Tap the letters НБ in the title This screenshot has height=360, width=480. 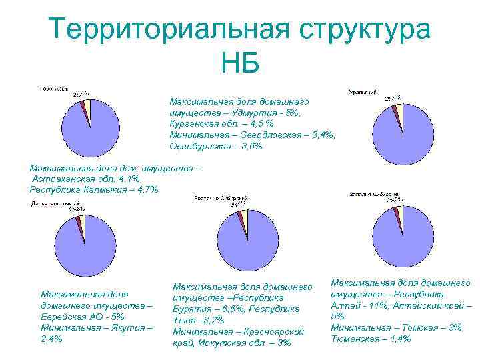240,65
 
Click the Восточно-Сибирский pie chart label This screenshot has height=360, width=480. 220,199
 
